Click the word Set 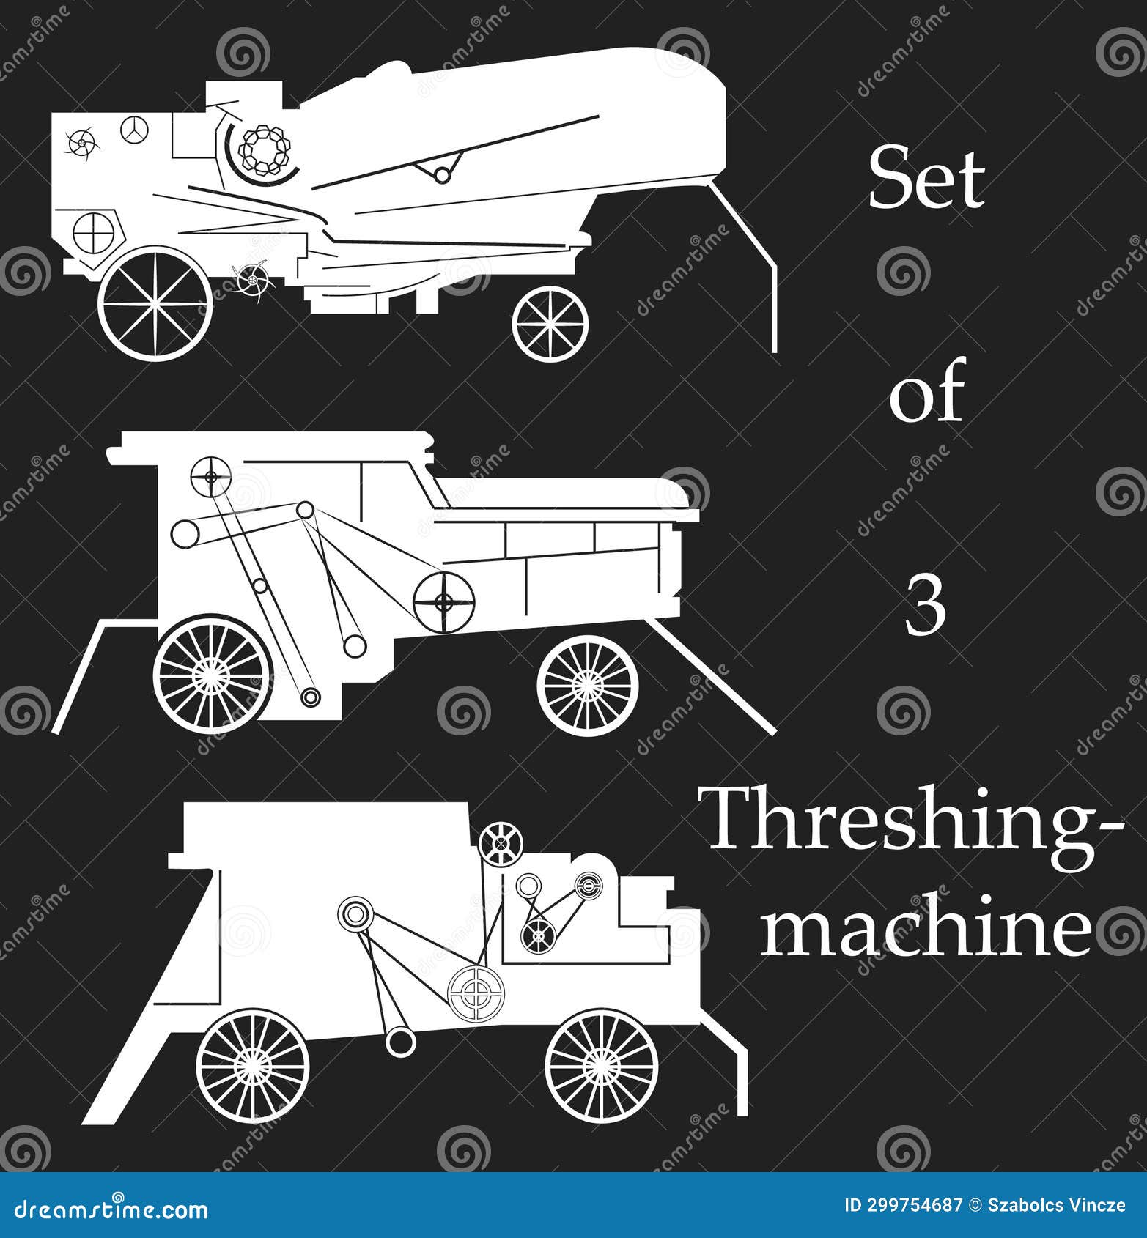click(926, 178)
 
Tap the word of click(926, 396)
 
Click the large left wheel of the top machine click(155, 303)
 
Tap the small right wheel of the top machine click(550, 322)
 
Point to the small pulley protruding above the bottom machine click(501, 843)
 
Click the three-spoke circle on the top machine click(135, 130)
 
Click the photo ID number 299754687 click(915, 1205)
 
